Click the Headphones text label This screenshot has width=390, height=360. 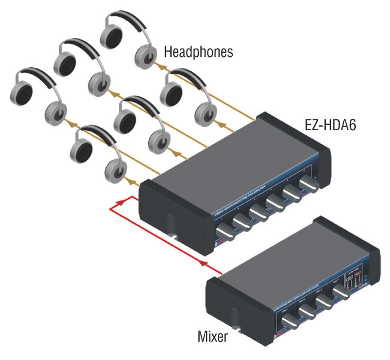pyautogui.click(x=199, y=53)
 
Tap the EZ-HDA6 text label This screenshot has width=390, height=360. pyautogui.click(x=334, y=127)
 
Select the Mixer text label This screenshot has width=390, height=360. pyautogui.click(x=212, y=336)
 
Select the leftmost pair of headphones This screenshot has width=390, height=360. pyautogui.click(x=35, y=96)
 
